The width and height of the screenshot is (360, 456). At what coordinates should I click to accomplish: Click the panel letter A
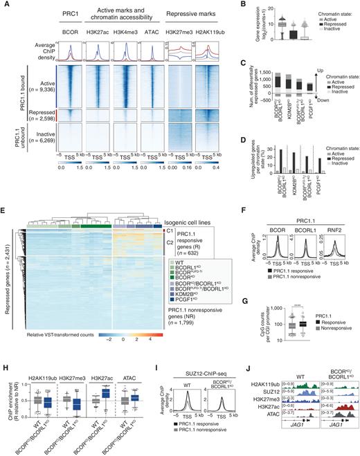pyautogui.click(x=4, y=5)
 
